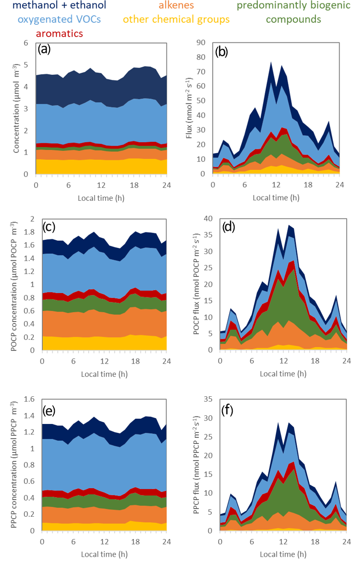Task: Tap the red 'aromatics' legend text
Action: coord(59,34)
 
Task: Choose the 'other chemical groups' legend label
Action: coord(176,20)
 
